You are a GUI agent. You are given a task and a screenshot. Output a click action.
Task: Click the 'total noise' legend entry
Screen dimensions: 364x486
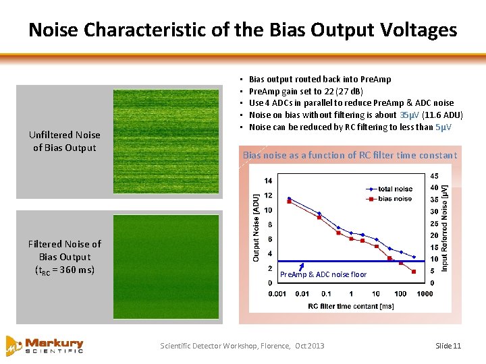click(394, 189)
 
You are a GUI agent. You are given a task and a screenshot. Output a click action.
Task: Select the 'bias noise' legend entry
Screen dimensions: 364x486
click(394, 199)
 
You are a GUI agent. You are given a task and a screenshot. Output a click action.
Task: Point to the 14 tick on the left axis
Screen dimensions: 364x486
click(268, 180)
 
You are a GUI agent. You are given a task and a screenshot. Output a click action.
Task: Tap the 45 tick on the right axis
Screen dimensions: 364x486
click(433, 176)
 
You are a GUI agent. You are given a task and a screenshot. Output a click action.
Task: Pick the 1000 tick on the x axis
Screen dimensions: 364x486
click(425, 294)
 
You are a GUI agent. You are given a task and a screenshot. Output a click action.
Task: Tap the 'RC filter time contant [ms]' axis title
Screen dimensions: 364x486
click(350, 306)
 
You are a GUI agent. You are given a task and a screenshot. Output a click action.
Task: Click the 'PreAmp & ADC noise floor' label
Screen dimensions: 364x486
click(323, 274)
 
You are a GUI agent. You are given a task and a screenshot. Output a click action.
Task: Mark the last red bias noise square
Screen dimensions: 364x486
click(413, 271)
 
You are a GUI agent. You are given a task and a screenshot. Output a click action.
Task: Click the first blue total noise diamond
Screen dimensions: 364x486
click(289, 198)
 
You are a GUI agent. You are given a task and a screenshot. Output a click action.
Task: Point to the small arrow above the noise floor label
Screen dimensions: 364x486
click(304, 265)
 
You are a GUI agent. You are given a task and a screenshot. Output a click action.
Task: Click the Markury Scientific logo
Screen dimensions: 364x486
click(45, 344)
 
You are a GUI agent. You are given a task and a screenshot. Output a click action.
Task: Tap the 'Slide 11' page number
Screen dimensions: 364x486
click(448, 346)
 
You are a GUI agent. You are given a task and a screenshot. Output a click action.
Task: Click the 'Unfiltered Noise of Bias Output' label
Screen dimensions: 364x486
click(64, 142)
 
